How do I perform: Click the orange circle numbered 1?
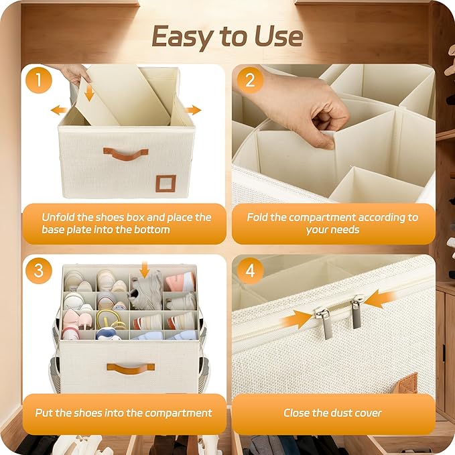39,80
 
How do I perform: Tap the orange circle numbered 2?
250,80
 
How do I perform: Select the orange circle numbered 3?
39,271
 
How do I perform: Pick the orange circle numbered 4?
250,271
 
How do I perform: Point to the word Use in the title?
279,36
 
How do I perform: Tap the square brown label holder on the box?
166,184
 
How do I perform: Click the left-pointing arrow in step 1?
59,111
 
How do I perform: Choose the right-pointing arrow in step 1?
193,111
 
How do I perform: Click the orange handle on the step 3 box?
131,369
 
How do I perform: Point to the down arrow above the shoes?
145,269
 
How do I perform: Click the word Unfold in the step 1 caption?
58,217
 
